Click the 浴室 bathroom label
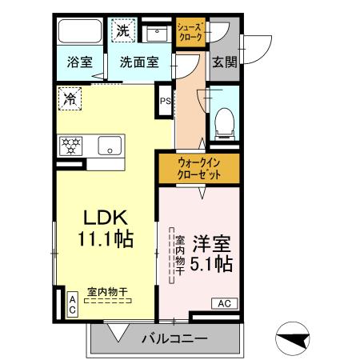point(78,62)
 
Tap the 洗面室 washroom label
point(140,62)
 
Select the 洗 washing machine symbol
point(122,31)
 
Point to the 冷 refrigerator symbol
point(70,100)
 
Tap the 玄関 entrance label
point(224,62)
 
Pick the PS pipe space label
point(166,102)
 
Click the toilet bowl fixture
point(224,120)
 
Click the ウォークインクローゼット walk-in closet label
point(198,169)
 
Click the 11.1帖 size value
point(104,238)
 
